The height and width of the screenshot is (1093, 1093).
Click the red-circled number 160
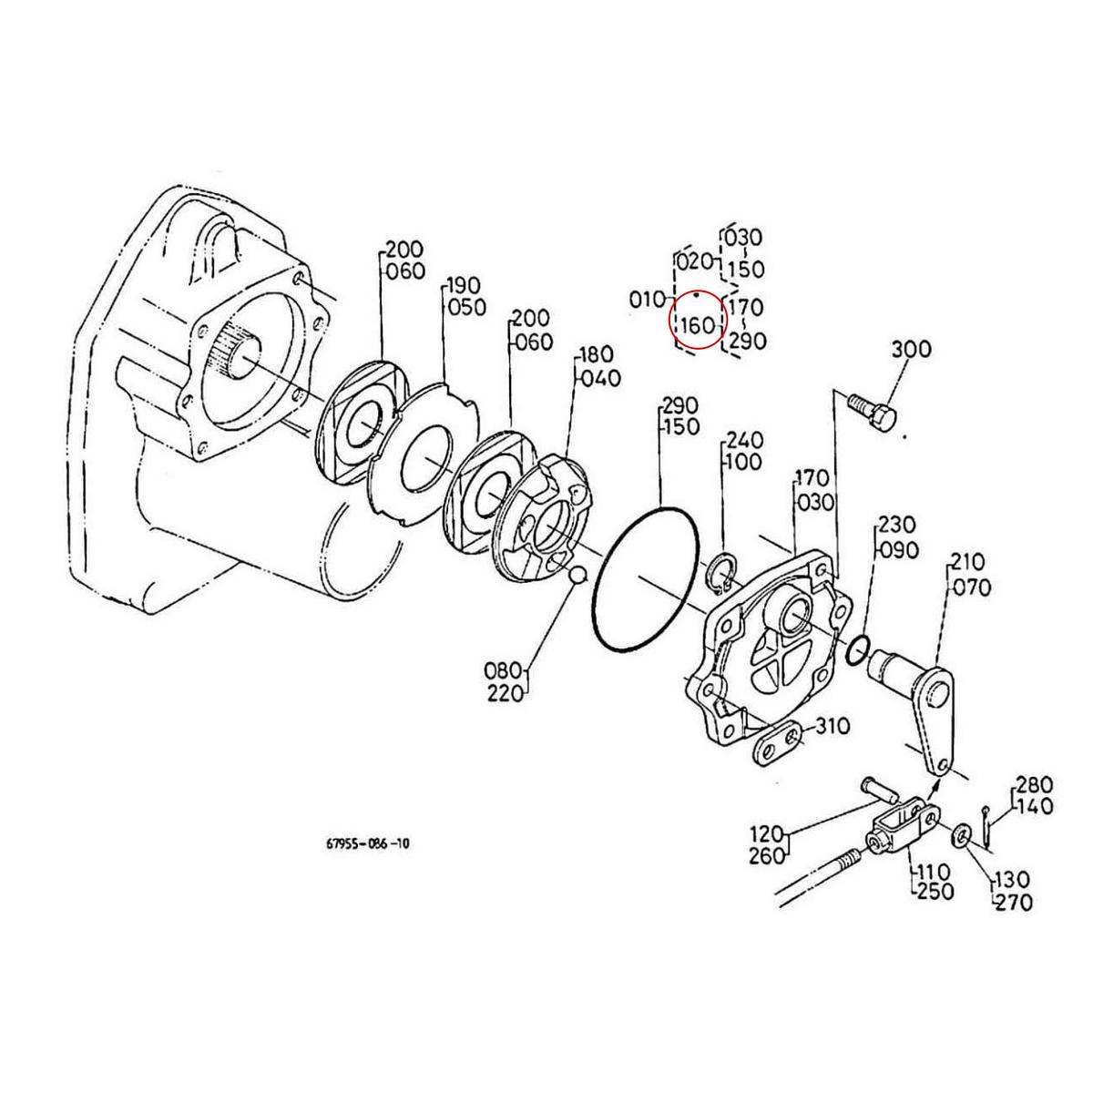[x=698, y=324]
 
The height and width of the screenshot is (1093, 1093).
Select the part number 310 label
[x=833, y=726]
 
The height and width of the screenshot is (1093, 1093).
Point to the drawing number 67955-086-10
[x=367, y=844]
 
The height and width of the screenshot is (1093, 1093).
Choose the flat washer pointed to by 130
[x=963, y=834]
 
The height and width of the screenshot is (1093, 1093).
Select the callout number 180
[x=598, y=354]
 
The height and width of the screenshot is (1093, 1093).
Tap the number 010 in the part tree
[x=647, y=299]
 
